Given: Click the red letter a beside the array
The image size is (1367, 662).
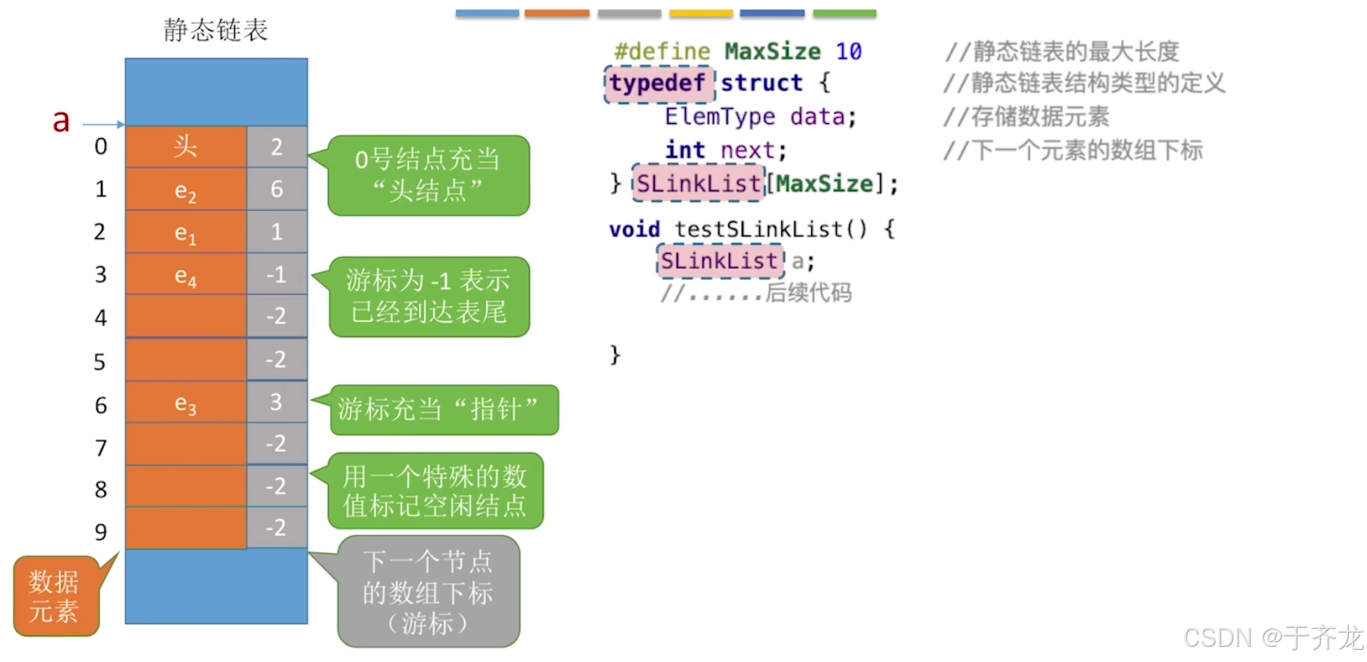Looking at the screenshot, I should (x=61, y=121).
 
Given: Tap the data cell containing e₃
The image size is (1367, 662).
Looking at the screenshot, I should (x=186, y=404).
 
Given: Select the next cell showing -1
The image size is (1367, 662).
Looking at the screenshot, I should (x=277, y=274).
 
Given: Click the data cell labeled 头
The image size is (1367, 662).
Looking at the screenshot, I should (x=186, y=147).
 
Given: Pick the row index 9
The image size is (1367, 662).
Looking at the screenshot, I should (x=101, y=532).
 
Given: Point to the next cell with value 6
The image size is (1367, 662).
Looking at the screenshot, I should (x=277, y=189).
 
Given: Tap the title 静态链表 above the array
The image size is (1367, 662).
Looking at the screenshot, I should (x=216, y=30).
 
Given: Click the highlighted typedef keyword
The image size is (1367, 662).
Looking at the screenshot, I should (x=658, y=83).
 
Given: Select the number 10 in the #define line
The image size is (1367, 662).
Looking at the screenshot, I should (x=848, y=51).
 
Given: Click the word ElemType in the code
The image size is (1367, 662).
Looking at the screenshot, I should (x=720, y=116).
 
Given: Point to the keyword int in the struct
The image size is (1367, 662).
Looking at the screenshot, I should (x=685, y=150).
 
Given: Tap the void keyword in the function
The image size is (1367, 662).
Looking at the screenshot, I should (x=634, y=229).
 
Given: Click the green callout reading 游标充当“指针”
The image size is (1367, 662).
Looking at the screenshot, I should (x=443, y=410).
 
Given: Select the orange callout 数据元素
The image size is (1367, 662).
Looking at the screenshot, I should (x=55, y=596).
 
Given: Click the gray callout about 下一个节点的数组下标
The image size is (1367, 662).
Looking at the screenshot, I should (x=428, y=592).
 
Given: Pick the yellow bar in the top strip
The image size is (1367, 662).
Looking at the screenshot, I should (x=701, y=14).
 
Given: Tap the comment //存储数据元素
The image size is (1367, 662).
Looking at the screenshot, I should (x=1026, y=116).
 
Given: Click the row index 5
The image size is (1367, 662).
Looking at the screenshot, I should (x=100, y=362).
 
